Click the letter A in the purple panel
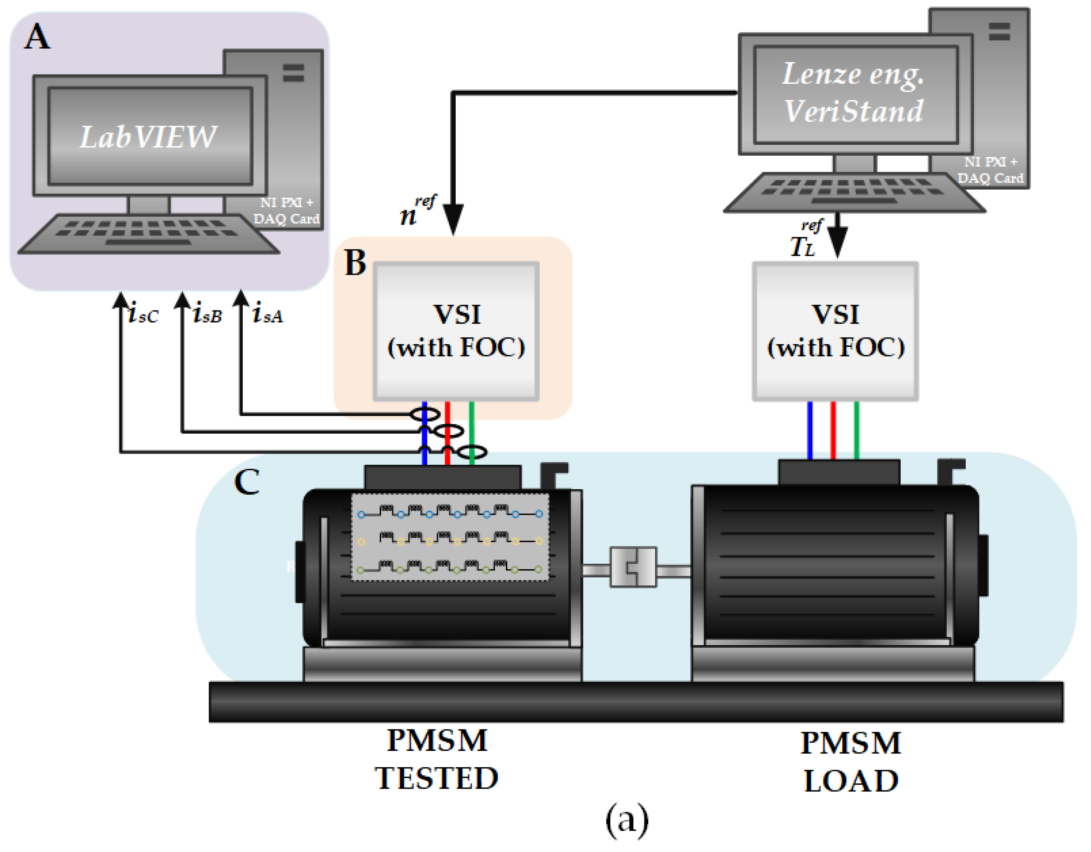(37, 37)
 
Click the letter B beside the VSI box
(355, 263)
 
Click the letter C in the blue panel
(247, 482)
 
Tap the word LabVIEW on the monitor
(148, 137)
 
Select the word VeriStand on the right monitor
(853, 111)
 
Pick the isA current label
(268, 314)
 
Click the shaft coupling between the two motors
(633, 567)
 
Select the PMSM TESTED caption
(437, 759)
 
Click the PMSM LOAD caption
(851, 762)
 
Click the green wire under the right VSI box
(857, 429)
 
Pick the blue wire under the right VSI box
(810, 429)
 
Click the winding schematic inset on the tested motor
(450, 537)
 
